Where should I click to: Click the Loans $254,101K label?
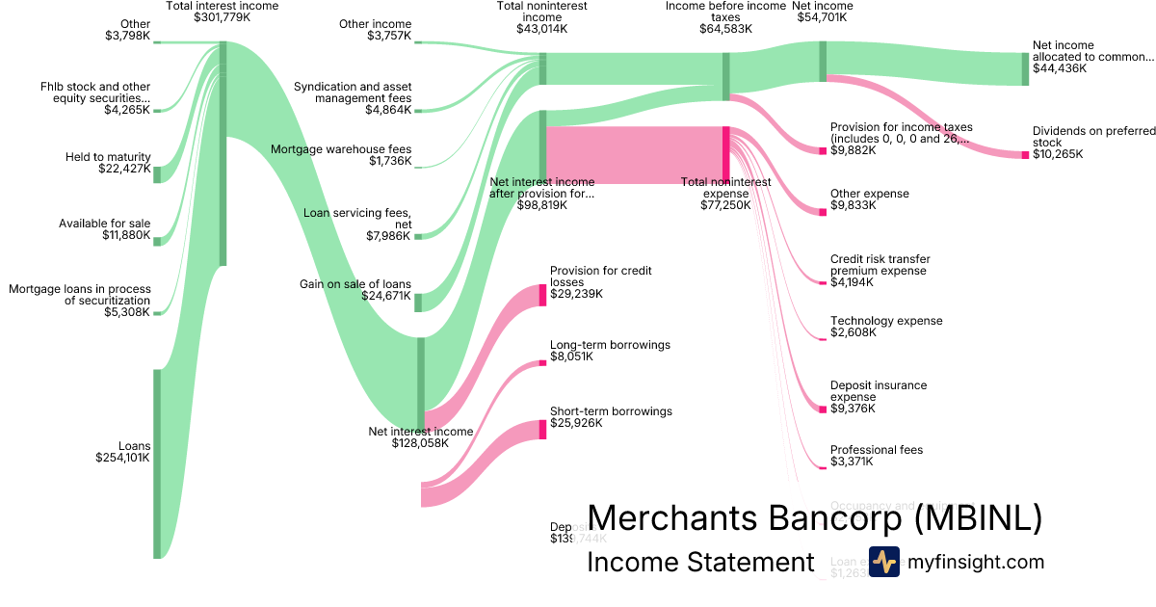click(122, 452)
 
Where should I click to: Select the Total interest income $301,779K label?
click(223, 12)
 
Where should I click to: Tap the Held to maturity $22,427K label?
click(108, 163)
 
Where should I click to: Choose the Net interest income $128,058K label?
click(421, 437)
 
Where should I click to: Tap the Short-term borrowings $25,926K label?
click(611, 417)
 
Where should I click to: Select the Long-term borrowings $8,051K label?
click(610, 351)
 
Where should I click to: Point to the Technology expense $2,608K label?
click(886, 327)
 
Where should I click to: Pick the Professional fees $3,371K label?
click(877, 456)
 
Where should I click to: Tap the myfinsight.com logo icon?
click(883, 562)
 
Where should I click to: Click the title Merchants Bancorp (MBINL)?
click(814, 518)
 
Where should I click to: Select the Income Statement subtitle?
click(700, 563)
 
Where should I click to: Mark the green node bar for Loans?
click(157, 463)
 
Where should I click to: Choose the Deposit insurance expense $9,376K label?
click(879, 397)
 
